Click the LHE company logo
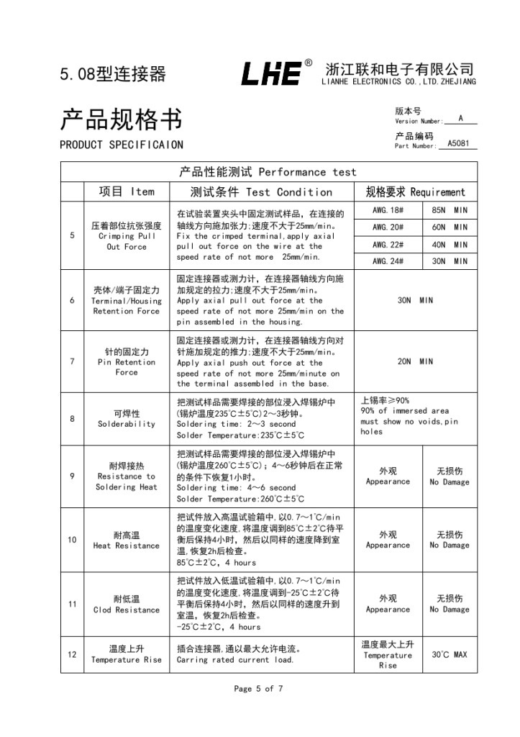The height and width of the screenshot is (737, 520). [272, 73]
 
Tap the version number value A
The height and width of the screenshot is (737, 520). [460, 118]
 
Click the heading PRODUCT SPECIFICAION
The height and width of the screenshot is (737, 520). [121, 145]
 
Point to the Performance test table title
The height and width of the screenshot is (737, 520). [268, 172]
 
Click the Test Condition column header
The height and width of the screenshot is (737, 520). [261, 192]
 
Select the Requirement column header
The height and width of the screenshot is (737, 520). [415, 192]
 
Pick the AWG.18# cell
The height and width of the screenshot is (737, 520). [388, 210]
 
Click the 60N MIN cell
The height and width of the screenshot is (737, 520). [450, 227]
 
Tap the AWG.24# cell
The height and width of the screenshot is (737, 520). [388, 262]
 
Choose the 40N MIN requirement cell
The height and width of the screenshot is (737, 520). [450, 245]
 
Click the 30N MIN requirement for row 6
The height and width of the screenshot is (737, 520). [415, 301]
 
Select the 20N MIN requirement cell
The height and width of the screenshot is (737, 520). [415, 362]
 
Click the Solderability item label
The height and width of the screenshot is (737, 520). [127, 419]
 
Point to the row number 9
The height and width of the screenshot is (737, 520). [72, 476]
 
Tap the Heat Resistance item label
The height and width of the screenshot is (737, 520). [127, 541]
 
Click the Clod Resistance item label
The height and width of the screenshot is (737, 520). [127, 605]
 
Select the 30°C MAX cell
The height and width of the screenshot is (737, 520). [450, 655]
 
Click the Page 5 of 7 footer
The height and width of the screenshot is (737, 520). [259, 689]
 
